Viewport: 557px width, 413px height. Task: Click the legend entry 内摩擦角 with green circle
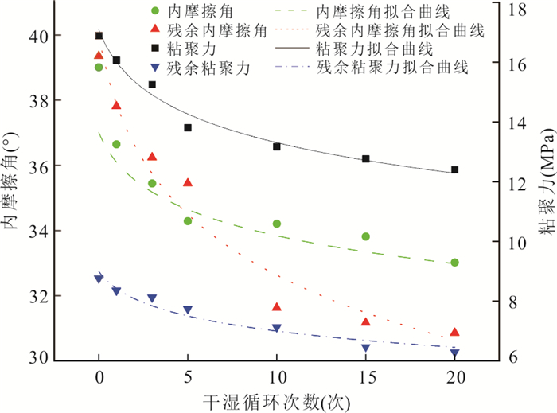tap(200, 14)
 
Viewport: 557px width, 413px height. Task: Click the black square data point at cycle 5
tap(188, 127)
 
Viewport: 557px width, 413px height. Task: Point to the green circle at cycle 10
tap(277, 224)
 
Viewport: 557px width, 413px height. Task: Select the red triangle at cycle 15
tap(366, 321)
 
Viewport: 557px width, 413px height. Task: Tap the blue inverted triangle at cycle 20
tap(454, 353)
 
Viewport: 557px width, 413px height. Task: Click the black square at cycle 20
tap(454, 169)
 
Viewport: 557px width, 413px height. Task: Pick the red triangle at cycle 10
tap(277, 306)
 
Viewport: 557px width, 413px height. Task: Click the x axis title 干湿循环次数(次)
tap(276, 399)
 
